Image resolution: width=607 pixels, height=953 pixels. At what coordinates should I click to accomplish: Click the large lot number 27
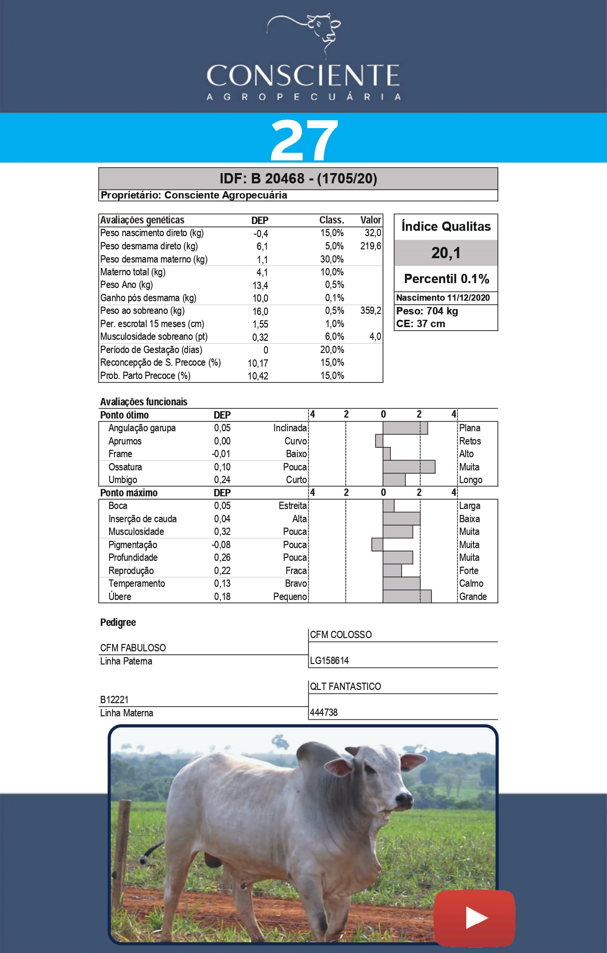tap(304, 140)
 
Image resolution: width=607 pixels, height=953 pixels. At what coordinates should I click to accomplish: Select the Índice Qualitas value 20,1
tap(446, 253)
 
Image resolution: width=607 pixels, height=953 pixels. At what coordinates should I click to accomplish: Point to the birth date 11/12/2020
tap(468, 298)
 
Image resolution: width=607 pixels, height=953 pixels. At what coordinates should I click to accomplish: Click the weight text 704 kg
tap(442, 311)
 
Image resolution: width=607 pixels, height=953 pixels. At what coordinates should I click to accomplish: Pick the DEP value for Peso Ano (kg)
tap(260, 286)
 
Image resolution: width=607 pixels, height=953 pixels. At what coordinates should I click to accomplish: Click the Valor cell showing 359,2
tap(370, 311)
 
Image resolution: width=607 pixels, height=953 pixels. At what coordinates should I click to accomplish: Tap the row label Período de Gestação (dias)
tap(151, 350)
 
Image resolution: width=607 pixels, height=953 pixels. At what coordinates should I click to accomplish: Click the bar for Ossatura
tap(409, 467)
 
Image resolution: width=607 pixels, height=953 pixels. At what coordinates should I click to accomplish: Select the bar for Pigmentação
tap(377, 545)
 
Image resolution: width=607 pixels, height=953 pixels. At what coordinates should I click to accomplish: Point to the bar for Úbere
tap(407, 597)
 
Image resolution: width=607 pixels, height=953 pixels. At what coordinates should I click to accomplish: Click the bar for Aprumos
tap(379, 441)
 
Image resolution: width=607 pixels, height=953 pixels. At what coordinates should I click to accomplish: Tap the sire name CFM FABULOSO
tap(133, 648)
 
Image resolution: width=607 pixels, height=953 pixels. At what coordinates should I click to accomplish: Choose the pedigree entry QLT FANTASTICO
tap(345, 687)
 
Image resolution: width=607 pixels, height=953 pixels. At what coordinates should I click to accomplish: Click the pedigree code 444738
tap(324, 712)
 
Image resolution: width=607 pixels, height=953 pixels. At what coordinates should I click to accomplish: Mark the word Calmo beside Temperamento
tap(471, 583)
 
